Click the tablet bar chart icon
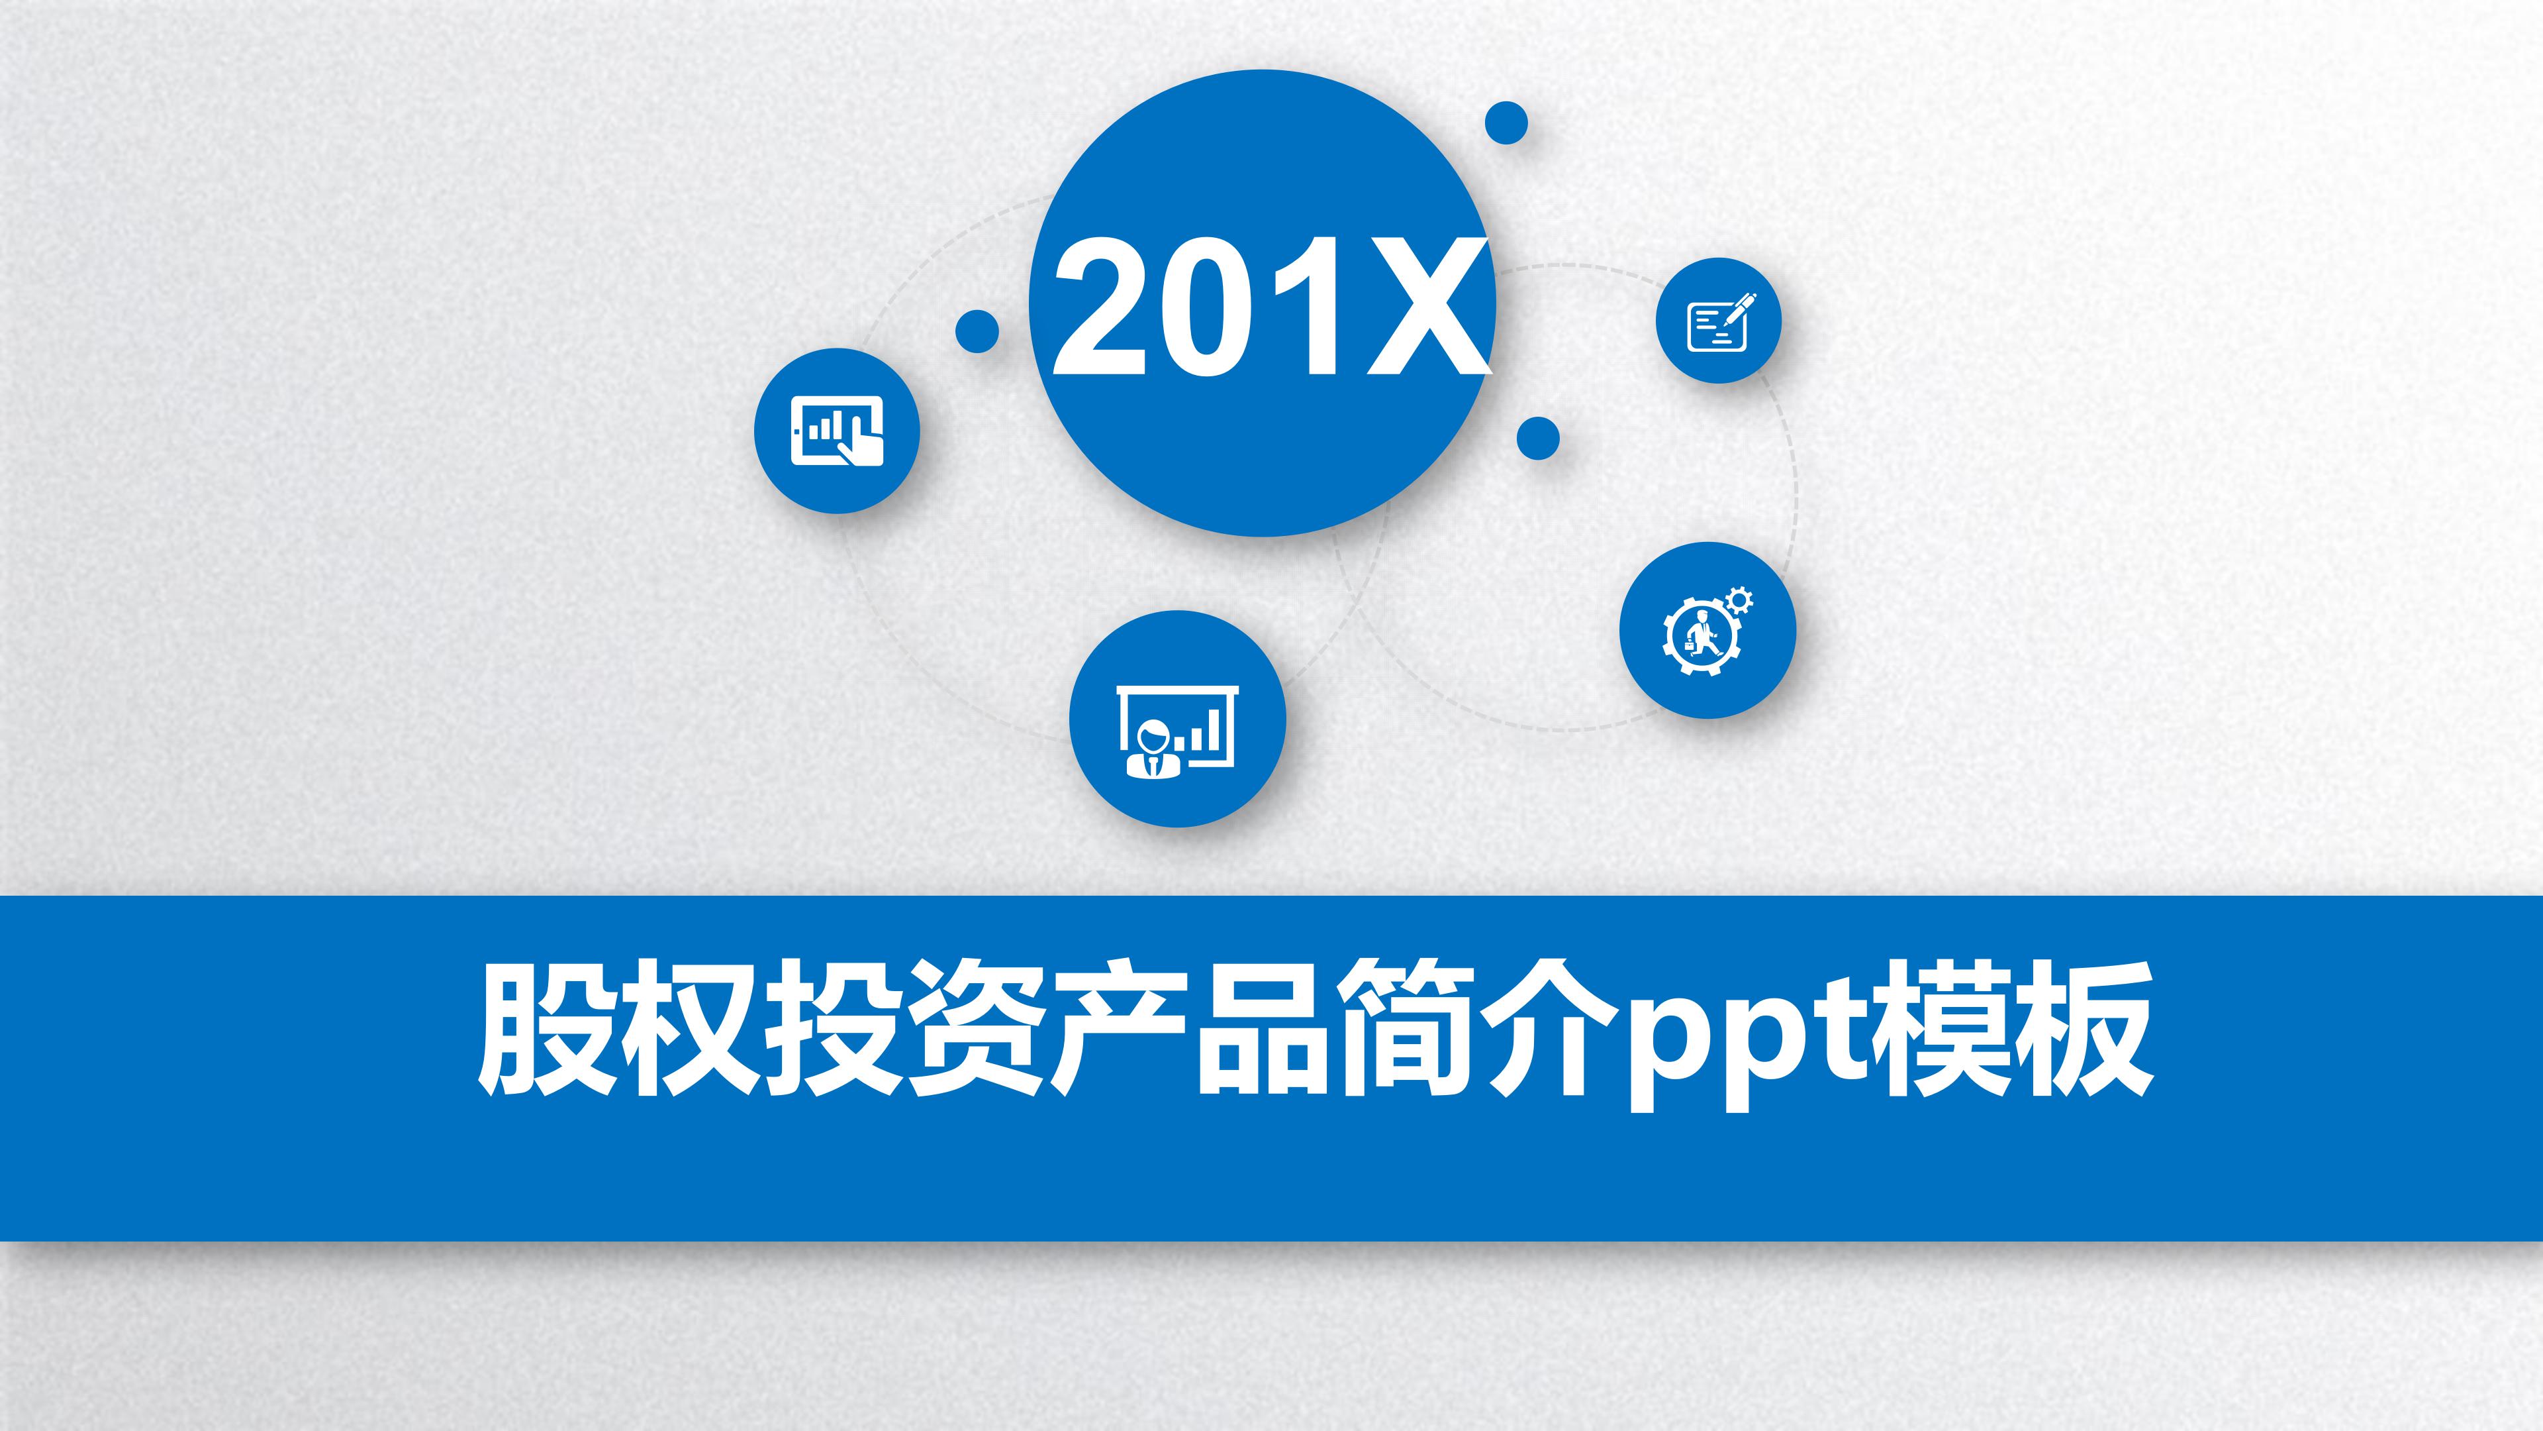(x=837, y=431)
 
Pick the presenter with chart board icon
(x=1176, y=732)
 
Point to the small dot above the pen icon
(x=1506, y=123)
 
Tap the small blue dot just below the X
(x=1538, y=437)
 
